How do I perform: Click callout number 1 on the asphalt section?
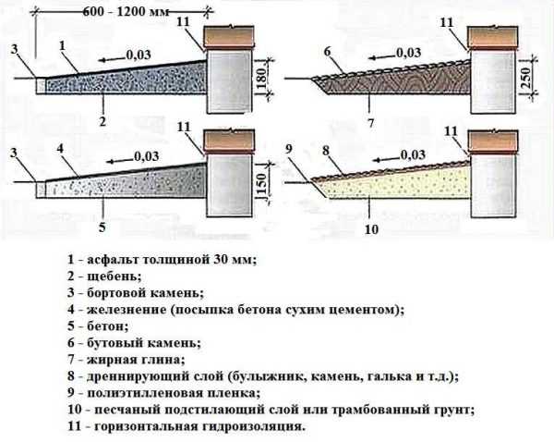[61, 44]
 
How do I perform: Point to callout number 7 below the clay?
[371, 121]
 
